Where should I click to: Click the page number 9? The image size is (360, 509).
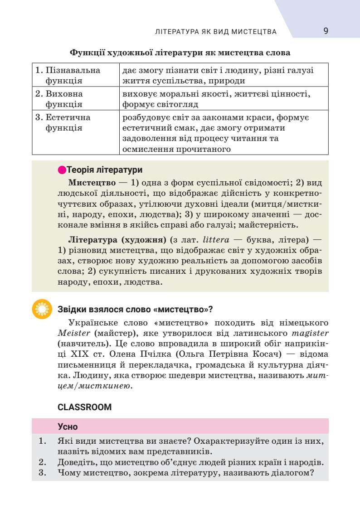[x=326, y=31]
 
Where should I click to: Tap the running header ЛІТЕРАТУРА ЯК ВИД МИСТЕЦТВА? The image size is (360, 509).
[x=216, y=32]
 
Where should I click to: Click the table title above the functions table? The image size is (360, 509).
[x=180, y=53]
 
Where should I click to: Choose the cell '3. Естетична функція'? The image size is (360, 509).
[x=63, y=122]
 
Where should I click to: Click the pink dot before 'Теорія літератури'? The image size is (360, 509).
[x=62, y=170]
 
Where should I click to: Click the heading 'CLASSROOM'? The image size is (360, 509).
[x=85, y=407]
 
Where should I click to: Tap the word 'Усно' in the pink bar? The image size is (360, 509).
[x=68, y=427]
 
